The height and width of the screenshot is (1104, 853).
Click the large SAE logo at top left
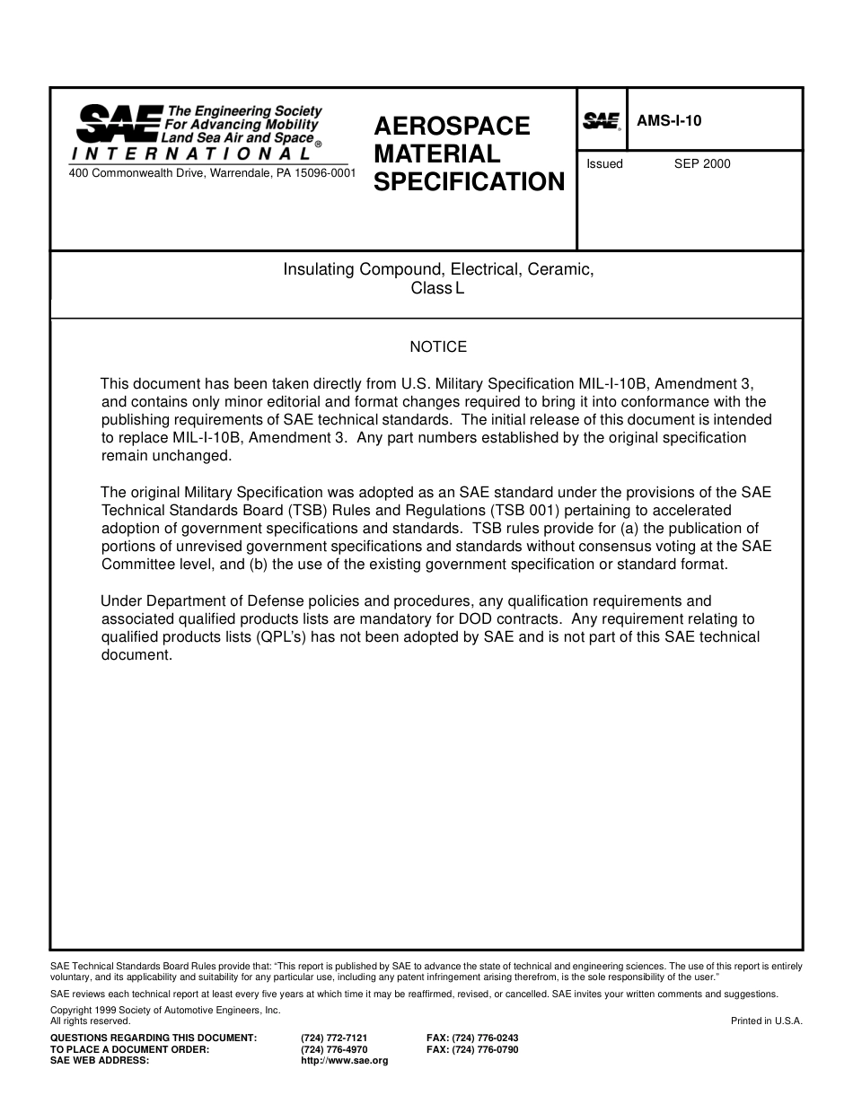[117, 124]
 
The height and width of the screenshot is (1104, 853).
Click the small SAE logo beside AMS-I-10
[602, 120]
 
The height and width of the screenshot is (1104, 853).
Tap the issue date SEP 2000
[702, 163]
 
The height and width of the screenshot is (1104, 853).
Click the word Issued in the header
[604, 163]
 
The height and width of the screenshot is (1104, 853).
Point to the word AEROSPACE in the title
[452, 126]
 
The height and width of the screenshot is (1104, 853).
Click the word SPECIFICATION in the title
[469, 182]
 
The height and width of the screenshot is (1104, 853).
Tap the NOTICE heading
[438, 346]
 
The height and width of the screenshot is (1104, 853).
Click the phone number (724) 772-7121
[334, 1038]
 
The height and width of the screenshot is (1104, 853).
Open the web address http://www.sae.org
[345, 1061]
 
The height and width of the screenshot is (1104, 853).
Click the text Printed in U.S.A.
[766, 1021]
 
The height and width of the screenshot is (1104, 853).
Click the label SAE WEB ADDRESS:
[100, 1061]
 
